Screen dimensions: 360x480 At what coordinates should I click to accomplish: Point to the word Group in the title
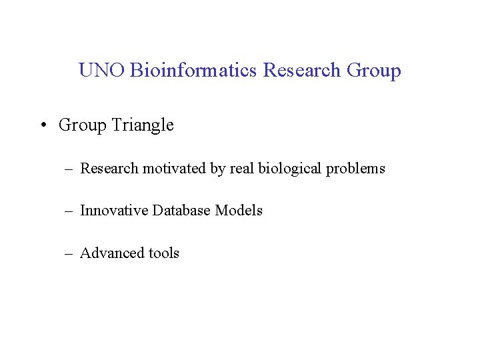click(x=374, y=71)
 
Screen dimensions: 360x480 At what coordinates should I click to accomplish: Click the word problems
click(x=356, y=169)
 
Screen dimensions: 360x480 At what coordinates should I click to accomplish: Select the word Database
click(x=181, y=211)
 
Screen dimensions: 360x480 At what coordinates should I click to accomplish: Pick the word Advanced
click(x=111, y=253)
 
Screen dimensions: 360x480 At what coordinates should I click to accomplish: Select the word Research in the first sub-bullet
click(x=109, y=169)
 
